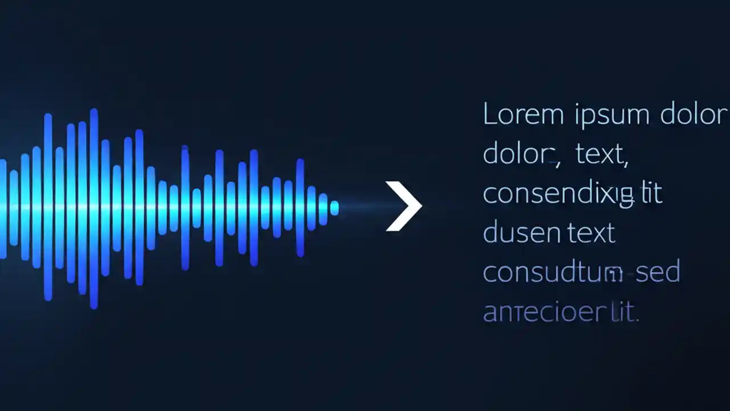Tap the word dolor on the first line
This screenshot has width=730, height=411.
tap(694, 115)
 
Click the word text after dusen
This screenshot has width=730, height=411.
tap(591, 233)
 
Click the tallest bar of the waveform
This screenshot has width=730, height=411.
tap(94, 208)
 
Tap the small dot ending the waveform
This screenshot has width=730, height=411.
tap(334, 208)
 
